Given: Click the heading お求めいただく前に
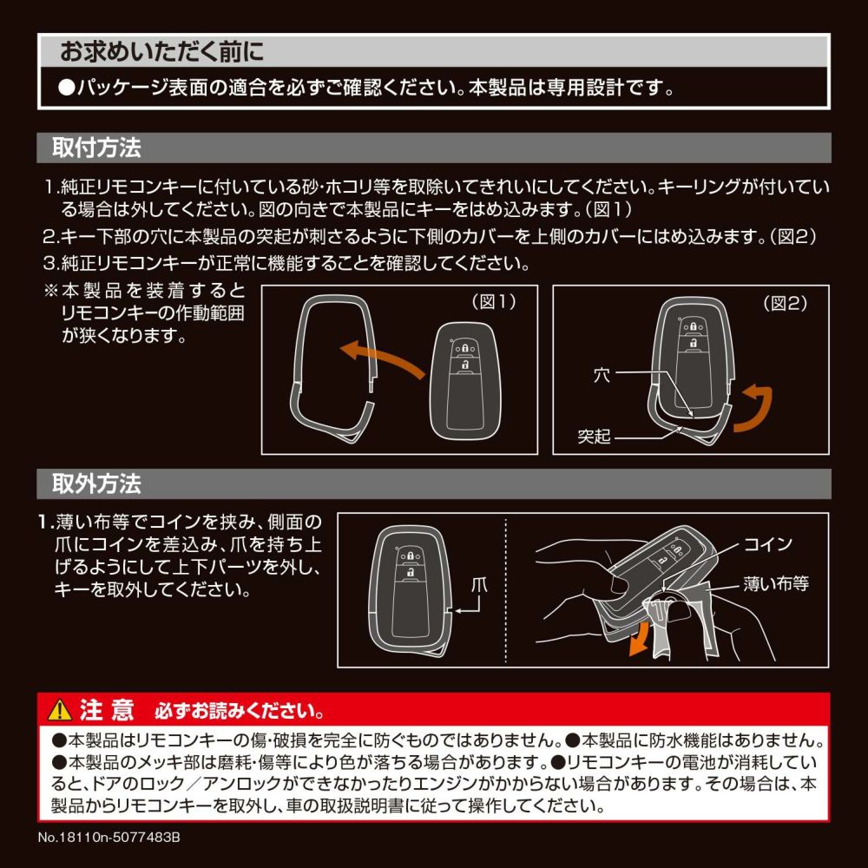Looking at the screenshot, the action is (x=161, y=51).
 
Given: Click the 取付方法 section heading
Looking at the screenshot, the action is (x=96, y=148).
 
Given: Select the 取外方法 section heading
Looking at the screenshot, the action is (x=96, y=483).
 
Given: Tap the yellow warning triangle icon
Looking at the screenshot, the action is (x=60, y=710).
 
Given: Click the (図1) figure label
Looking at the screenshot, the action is (x=494, y=302).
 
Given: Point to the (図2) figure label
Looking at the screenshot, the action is (x=785, y=303).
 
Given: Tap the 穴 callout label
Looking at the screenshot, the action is (x=602, y=375).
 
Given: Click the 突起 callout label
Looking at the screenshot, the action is (x=594, y=437).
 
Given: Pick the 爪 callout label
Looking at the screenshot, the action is (x=479, y=585).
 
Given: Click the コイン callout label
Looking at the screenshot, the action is (x=768, y=544).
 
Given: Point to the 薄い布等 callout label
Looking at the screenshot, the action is (x=776, y=583).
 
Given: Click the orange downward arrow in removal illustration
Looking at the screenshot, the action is (x=641, y=638).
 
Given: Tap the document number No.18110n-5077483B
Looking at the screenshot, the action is (x=109, y=837).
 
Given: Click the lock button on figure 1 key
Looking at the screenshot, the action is (x=465, y=348).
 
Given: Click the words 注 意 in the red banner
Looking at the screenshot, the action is (x=107, y=710).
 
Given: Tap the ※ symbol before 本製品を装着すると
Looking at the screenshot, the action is (x=51, y=291).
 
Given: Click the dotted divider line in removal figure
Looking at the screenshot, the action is (x=506, y=590).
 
